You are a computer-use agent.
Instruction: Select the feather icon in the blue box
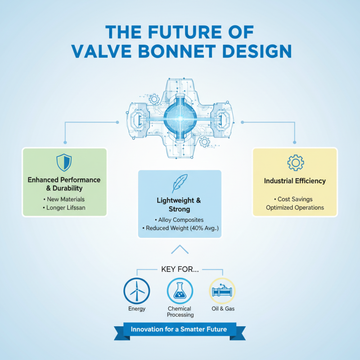(180, 184)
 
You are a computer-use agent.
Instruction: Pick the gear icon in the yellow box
(295, 162)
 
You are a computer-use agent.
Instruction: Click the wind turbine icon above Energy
(137, 291)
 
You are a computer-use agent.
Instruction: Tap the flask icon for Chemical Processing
(180, 291)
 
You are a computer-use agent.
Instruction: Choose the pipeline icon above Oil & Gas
(223, 291)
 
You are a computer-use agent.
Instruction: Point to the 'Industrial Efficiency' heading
(295, 181)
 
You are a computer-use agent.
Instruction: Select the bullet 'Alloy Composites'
(180, 220)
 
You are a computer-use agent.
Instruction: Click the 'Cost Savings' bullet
(295, 199)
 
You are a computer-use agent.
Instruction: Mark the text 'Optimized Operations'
(295, 208)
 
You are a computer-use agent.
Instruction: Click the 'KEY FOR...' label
(180, 270)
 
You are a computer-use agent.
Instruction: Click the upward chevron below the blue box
(180, 249)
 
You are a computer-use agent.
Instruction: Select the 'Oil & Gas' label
(223, 309)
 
